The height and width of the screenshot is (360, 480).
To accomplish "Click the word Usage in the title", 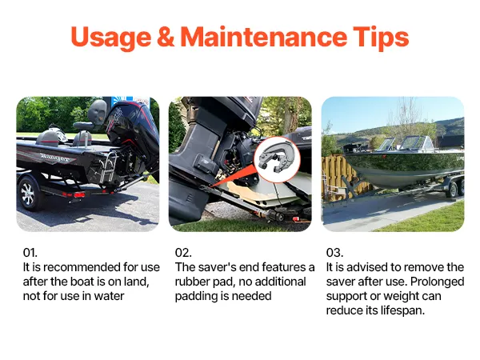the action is (x=111, y=38).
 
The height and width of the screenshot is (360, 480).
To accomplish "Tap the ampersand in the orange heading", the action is (x=166, y=37).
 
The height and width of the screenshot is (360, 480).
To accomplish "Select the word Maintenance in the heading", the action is (x=263, y=37).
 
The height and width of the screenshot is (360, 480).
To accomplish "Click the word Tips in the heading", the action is (x=381, y=38).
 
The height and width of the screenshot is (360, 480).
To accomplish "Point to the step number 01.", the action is (x=30, y=253).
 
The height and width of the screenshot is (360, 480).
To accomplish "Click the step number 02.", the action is (x=183, y=253).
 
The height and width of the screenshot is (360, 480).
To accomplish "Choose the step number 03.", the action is (x=334, y=253).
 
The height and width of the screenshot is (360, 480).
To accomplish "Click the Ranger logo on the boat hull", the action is (x=55, y=158).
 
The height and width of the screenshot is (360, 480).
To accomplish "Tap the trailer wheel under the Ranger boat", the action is (x=28, y=194).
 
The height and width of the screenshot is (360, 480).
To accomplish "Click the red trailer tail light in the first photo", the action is (x=79, y=195).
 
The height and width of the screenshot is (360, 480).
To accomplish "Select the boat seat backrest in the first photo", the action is (x=97, y=111).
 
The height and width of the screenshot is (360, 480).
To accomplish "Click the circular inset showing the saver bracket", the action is (x=277, y=159).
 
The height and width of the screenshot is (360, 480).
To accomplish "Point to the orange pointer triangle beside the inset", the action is (x=234, y=174).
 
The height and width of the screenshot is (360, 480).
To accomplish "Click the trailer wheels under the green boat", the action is (x=455, y=188).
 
